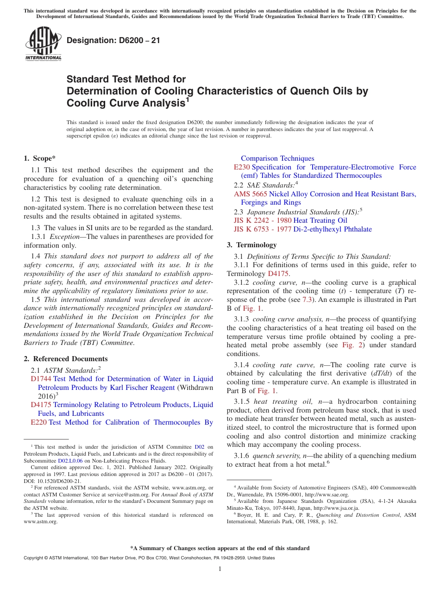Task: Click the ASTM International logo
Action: pos(43,44)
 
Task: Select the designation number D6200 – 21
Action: pos(113,40)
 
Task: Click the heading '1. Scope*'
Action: pos(40,158)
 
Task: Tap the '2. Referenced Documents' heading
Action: pos(66,359)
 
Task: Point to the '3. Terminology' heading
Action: pos(251,245)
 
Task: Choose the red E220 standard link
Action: pos(38,422)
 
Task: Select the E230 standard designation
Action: pos(242,167)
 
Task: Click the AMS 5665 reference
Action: pos(250,194)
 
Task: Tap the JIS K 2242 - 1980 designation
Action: pos(262,220)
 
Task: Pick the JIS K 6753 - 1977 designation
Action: pos(262,229)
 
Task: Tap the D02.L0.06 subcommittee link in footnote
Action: pos(70,461)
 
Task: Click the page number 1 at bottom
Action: pos(220,569)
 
